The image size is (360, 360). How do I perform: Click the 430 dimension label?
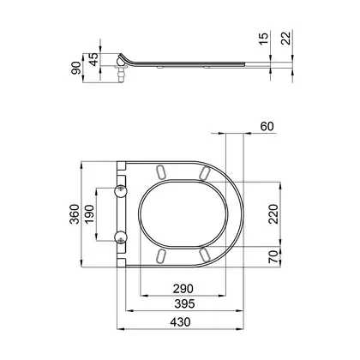point(180,322)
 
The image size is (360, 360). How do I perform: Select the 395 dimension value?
point(184,303)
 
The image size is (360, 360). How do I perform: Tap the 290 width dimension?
point(183,289)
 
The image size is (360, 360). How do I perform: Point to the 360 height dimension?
point(75,214)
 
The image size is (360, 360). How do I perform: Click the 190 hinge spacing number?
point(89,214)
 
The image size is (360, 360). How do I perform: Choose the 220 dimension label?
point(273,214)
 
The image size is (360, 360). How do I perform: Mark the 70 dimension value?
point(273,256)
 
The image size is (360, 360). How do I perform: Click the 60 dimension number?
point(267,126)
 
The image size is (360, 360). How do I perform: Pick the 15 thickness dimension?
point(264,39)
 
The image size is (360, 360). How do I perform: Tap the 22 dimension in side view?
point(286,39)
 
